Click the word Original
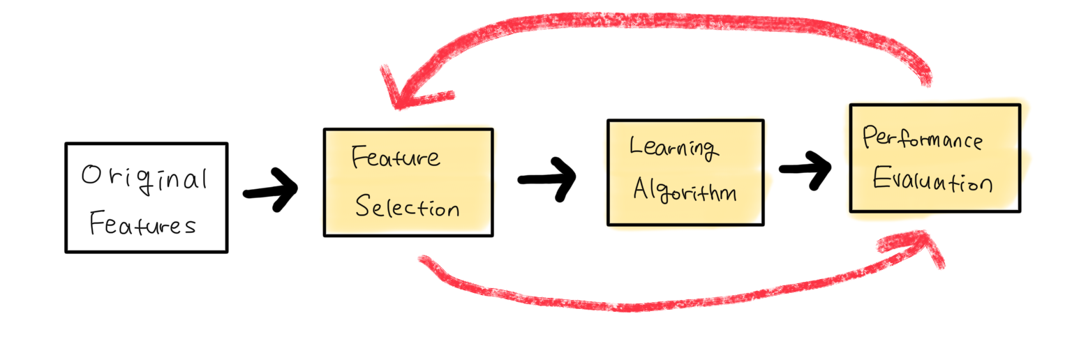tap(144, 179)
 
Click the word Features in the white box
tap(143, 225)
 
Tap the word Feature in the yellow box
tap(396, 157)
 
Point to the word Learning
tap(672, 147)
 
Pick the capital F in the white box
tap(97, 224)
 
